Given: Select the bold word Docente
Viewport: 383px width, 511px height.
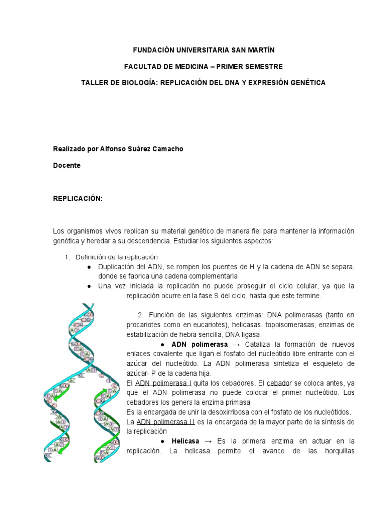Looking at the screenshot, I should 67,165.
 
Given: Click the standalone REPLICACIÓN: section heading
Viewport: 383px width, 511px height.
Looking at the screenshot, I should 78,198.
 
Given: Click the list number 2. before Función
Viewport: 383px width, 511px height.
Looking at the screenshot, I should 141,315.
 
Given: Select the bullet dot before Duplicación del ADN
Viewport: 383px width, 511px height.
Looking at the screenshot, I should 88,267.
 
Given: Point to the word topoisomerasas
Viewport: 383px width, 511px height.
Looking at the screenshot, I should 271,325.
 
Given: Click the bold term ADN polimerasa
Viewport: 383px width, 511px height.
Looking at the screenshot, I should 199,345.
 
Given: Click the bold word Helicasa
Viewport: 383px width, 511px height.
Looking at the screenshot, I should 185,441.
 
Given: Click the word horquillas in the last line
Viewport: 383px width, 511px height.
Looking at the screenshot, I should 336,451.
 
